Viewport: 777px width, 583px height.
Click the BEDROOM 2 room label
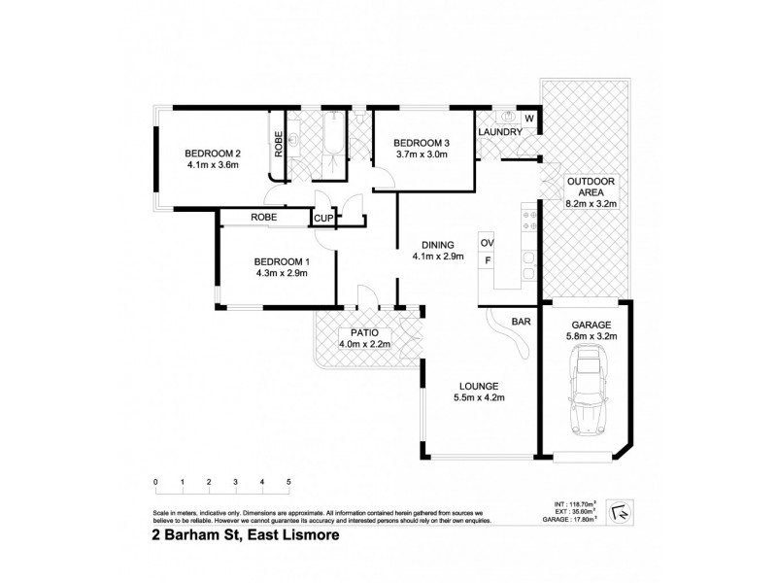[x=213, y=153]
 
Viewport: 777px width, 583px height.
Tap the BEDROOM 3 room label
[x=422, y=140]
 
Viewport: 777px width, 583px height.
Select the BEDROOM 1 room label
[x=281, y=260]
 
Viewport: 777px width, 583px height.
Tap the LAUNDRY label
[x=500, y=132]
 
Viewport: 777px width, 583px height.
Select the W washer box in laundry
[x=529, y=119]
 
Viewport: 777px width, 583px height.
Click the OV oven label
[x=487, y=242]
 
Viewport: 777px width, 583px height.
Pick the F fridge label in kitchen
[x=487, y=260]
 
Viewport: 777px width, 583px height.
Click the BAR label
[x=521, y=320]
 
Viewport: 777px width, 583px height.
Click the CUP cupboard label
[x=323, y=219]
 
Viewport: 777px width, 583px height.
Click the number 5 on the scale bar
[x=288, y=482]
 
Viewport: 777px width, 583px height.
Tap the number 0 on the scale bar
[x=155, y=482]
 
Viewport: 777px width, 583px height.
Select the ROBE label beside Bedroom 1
[x=264, y=218]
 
